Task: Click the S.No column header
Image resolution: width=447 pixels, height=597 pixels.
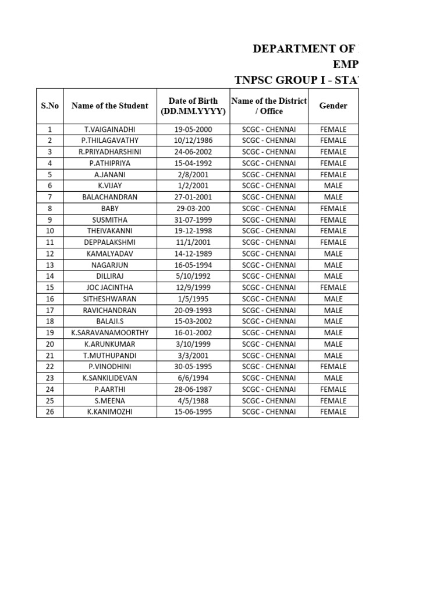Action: tap(50, 106)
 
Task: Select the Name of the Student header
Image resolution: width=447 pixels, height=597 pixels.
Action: tap(110, 106)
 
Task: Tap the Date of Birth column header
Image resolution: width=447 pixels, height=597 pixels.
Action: tap(193, 106)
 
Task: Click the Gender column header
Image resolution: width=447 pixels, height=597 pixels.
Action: tap(334, 106)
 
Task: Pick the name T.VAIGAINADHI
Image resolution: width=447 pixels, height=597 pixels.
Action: tap(110, 129)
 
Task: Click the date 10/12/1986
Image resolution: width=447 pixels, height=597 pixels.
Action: tap(193, 141)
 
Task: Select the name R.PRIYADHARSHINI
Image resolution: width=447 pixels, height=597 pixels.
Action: tap(110, 152)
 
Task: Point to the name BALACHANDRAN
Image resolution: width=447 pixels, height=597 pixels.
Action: tap(110, 197)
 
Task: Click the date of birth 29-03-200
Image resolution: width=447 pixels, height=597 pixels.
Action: tap(193, 208)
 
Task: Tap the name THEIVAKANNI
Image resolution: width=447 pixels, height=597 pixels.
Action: tap(110, 231)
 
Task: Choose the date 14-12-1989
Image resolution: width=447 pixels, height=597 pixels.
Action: tap(193, 254)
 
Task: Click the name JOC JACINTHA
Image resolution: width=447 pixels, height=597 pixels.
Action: tap(110, 287)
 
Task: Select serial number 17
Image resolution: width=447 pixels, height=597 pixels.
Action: tap(50, 310)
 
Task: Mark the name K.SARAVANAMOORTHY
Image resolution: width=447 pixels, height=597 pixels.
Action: tap(110, 333)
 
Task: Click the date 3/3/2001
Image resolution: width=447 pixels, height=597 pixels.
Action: tap(193, 356)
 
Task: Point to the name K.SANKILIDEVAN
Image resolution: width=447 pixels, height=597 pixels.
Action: tap(110, 378)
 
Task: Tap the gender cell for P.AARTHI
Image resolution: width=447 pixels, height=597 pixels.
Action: tap(334, 389)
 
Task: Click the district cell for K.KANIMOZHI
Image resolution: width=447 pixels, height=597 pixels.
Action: tap(269, 412)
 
